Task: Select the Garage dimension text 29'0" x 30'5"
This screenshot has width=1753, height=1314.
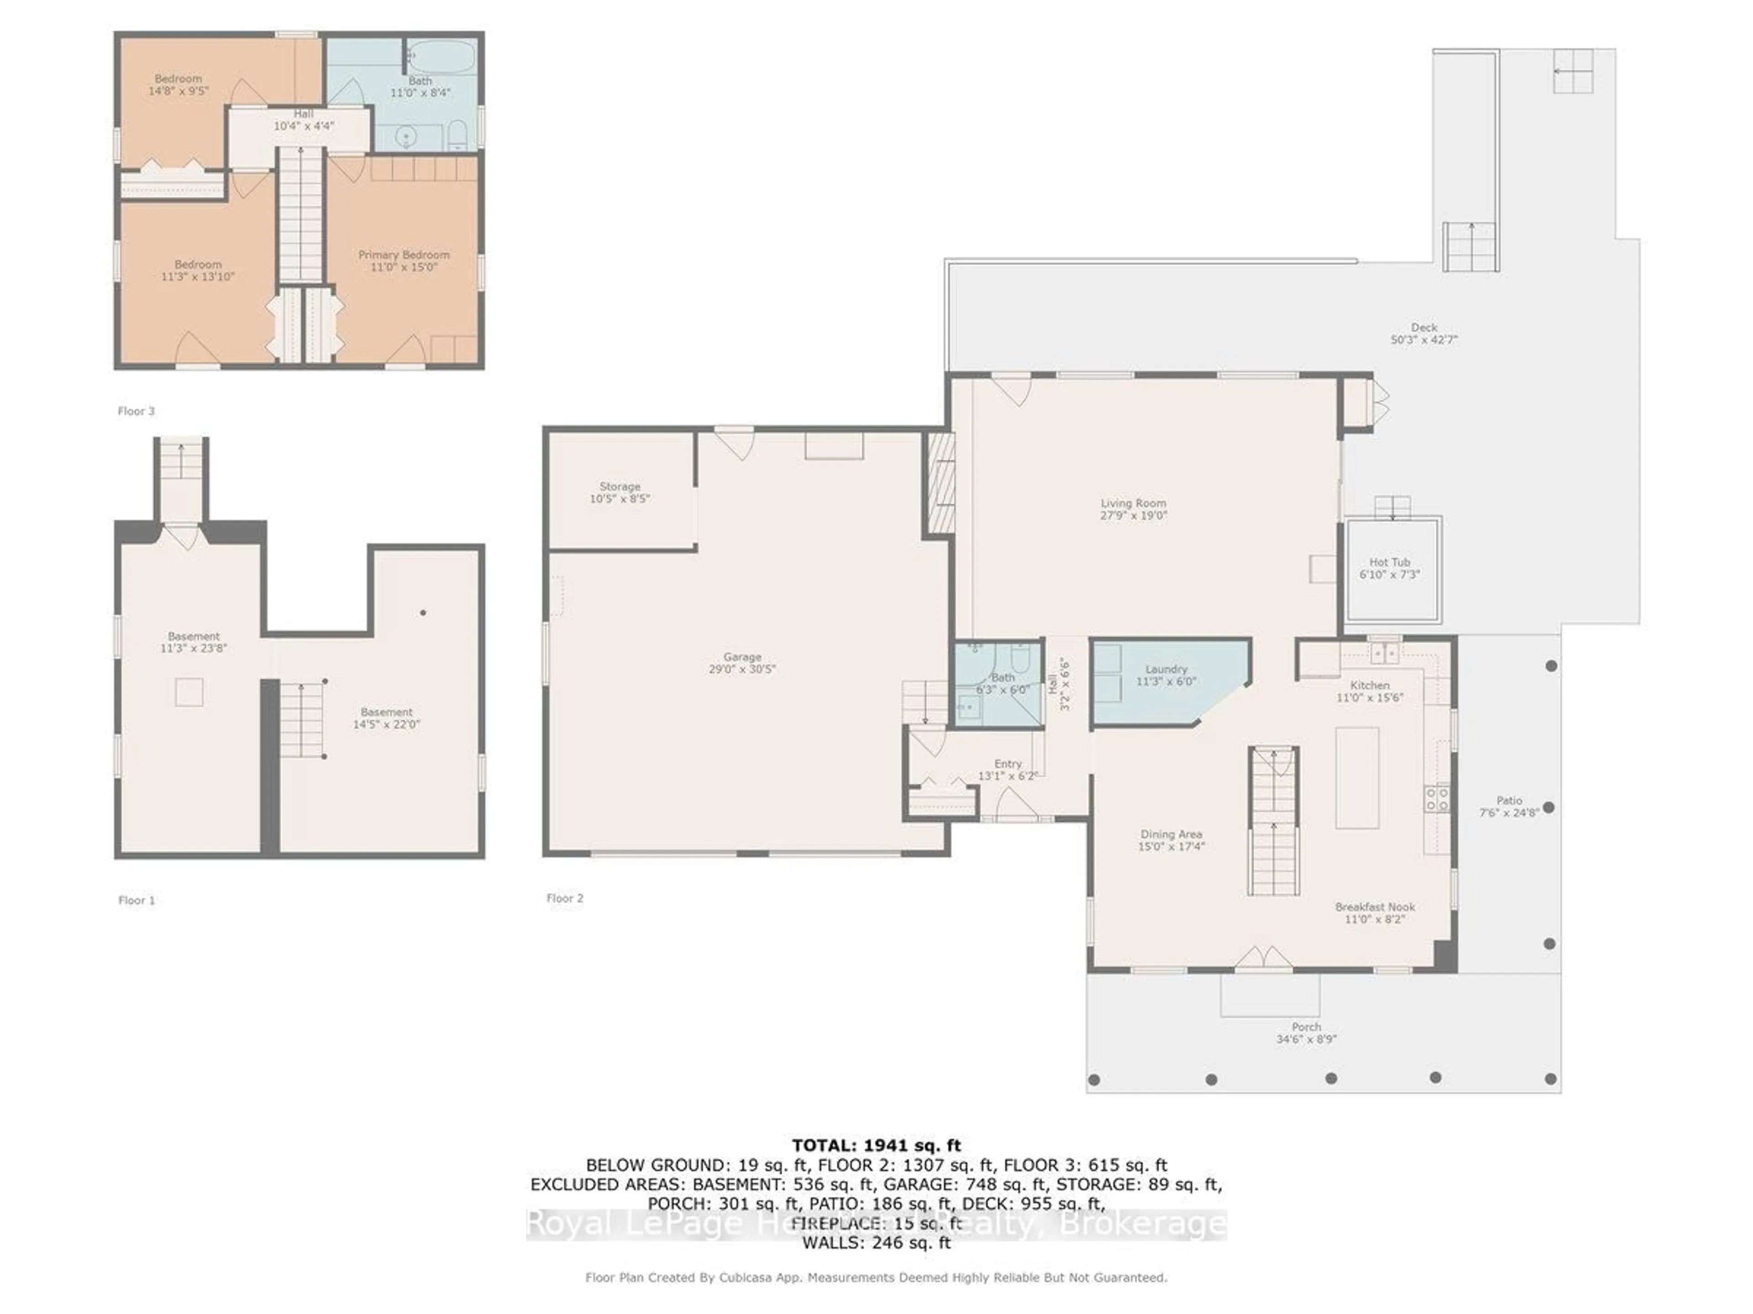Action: (742, 669)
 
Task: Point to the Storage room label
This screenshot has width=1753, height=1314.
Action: (620, 486)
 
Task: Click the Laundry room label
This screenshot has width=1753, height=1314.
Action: (1166, 669)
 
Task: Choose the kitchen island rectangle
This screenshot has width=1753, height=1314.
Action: (1357, 778)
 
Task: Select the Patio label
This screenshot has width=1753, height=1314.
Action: (1509, 801)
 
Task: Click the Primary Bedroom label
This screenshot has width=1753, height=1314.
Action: (404, 255)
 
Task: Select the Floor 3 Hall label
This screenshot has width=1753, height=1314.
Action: (304, 114)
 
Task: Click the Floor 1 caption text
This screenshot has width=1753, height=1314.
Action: (136, 901)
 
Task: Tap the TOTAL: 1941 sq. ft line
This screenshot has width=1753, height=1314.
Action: (876, 1145)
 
